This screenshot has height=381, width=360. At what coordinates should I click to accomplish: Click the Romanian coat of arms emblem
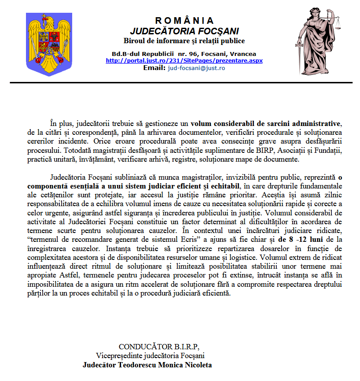pos(46,44)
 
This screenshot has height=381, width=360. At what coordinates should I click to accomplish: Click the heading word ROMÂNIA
pos(184,21)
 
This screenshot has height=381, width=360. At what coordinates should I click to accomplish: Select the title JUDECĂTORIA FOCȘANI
pos(184,31)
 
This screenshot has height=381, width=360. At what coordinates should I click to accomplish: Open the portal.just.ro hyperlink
pos(184,61)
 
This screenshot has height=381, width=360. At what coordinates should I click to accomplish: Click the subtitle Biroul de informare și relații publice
pos(184,41)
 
